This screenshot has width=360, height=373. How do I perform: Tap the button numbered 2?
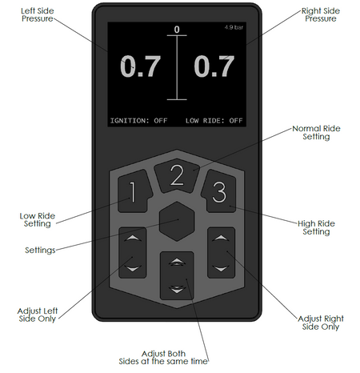tap(177, 175)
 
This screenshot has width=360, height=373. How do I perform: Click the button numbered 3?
tap(219, 191)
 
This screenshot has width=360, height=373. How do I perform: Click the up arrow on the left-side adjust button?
tap(133, 238)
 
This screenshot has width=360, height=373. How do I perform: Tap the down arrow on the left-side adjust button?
tap(133, 268)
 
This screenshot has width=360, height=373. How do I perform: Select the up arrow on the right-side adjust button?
tap(221, 238)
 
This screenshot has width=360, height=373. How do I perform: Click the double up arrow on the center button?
tap(177, 262)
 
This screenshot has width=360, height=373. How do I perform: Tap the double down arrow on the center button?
tap(177, 289)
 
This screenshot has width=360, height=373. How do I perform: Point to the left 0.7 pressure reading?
tap(141, 66)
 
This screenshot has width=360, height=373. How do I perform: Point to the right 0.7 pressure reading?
tap(214, 66)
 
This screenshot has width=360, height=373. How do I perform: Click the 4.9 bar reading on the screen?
tap(234, 27)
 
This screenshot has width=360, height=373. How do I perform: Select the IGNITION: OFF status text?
tap(139, 121)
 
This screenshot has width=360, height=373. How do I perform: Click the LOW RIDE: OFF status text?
tap(214, 121)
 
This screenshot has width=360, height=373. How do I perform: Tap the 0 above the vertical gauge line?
tap(177, 30)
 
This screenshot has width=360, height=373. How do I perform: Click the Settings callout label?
tap(40, 251)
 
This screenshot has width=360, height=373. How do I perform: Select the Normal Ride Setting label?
tap(316, 133)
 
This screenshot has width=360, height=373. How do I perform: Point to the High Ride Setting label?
tap(316, 227)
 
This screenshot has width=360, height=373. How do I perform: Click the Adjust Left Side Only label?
tap(38, 315)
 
